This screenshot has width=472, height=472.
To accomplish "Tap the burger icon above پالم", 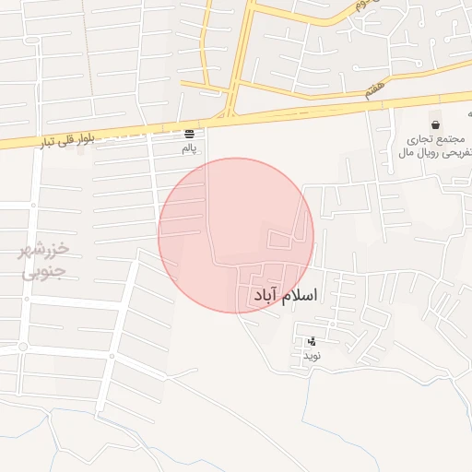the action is point(189,133).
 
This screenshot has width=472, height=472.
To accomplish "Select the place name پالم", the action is point(189,147).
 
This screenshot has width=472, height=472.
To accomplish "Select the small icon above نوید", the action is point(311,341).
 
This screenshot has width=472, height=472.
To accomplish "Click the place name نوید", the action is point(311,355).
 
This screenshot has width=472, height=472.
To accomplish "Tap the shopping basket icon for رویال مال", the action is point(435,124).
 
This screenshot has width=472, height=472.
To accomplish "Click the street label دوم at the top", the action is point(363,6).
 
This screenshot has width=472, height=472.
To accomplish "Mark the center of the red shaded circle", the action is point(236,235).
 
